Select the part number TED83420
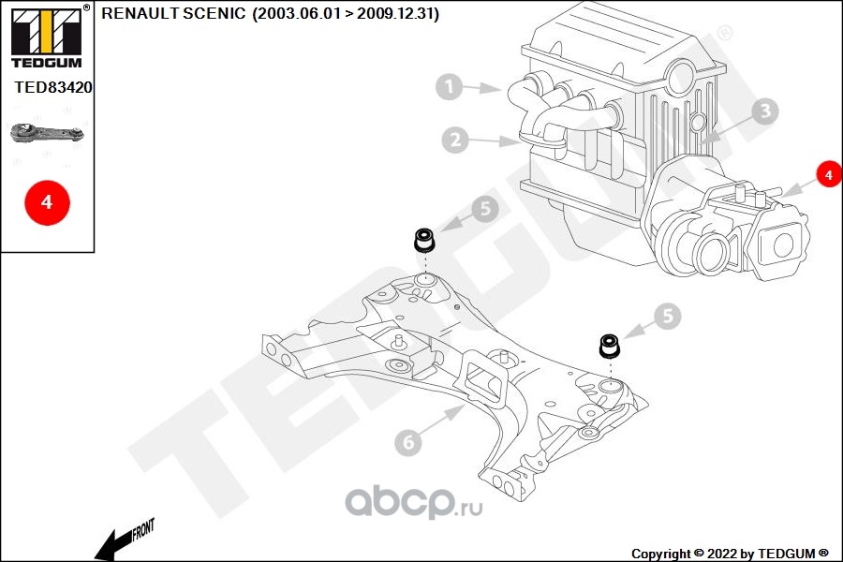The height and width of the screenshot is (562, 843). click(x=52, y=88)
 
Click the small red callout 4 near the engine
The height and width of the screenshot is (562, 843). click(x=827, y=174)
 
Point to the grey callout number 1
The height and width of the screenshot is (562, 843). click(x=450, y=88)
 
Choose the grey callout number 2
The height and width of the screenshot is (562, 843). click(x=455, y=140)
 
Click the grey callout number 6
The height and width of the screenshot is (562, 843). click(x=408, y=441)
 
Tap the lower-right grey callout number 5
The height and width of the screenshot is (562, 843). click(x=667, y=317)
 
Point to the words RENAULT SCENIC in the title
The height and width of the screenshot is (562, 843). click(x=174, y=14)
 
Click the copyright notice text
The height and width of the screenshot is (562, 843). click(x=730, y=553)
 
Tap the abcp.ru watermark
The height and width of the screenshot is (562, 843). click(x=413, y=505)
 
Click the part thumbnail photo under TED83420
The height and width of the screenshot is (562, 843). click(x=48, y=135)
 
